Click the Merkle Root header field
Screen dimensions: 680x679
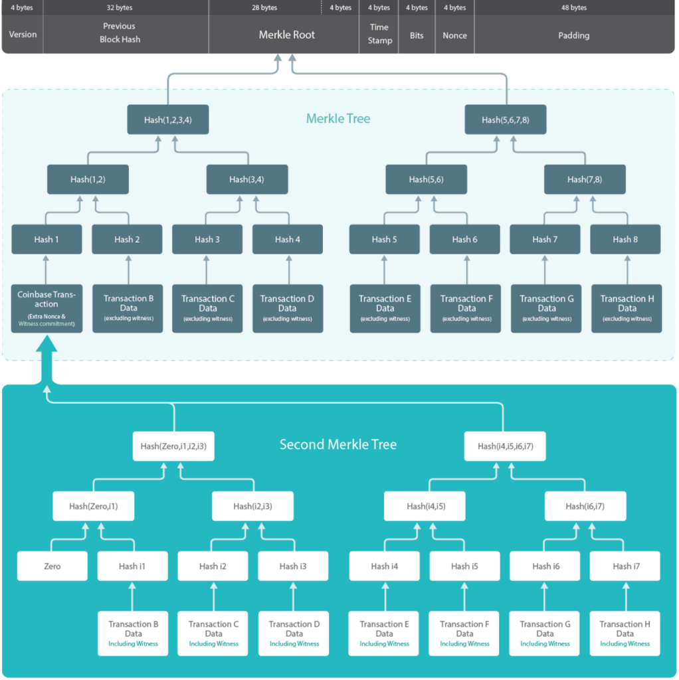[x=287, y=35]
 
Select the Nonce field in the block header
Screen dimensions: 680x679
[x=454, y=35]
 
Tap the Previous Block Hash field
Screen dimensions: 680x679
[x=120, y=33]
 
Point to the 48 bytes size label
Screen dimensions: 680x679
[x=573, y=8]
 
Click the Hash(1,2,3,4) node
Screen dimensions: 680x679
[x=167, y=120]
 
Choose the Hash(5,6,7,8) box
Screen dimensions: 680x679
[x=505, y=120]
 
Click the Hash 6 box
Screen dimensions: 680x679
[x=464, y=239]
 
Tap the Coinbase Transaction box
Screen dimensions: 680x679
[x=47, y=308]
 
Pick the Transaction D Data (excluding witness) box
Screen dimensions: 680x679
[x=287, y=308]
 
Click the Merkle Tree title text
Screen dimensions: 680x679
[x=338, y=119]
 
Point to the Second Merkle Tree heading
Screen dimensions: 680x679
[x=338, y=444]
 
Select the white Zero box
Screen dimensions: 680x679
[x=52, y=566]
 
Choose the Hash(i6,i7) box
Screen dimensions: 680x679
[x=585, y=506]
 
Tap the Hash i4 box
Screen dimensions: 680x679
[x=385, y=566]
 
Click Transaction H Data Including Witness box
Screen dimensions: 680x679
[x=625, y=634]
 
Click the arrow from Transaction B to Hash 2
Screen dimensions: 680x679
[x=128, y=269]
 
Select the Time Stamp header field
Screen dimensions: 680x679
[x=379, y=34]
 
